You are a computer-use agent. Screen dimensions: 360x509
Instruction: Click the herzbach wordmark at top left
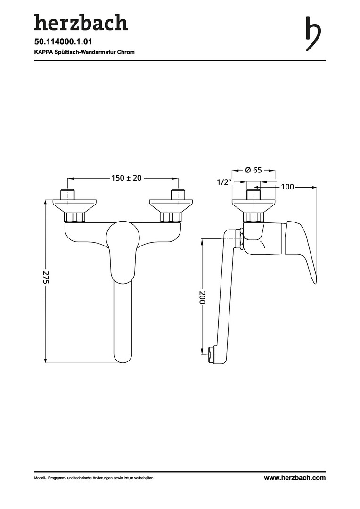click(x=81, y=22)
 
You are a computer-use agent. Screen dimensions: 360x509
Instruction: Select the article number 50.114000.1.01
click(x=63, y=41)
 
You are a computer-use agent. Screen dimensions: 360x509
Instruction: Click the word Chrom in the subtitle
click(x=127, y=52)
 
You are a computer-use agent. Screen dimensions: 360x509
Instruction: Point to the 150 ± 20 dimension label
click(x=126, y=178)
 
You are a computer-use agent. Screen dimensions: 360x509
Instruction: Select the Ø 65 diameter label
click(x=254, y=170)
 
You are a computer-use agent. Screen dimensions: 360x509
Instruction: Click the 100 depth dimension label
click(x=287, y=187)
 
